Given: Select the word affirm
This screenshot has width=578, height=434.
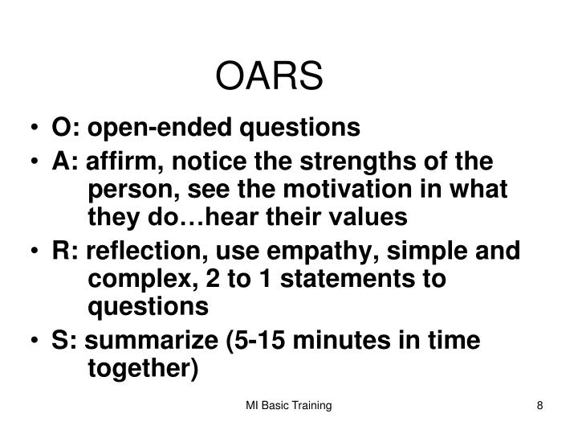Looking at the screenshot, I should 115,160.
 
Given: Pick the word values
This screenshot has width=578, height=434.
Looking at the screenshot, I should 370,217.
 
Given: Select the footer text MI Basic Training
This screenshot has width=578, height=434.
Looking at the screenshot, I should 288,407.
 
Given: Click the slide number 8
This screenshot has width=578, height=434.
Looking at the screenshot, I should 540,407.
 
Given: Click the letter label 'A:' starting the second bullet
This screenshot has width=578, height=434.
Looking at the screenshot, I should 63,160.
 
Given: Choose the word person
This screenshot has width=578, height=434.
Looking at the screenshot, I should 127,189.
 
